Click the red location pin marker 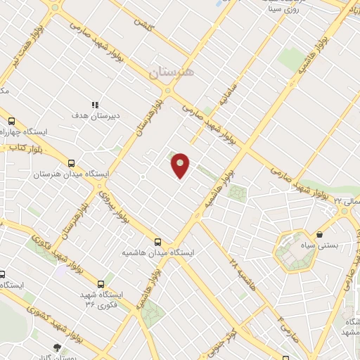tap(181, 166)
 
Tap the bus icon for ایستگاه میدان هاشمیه tap(157, 240)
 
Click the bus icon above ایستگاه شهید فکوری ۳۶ tap(101, 284)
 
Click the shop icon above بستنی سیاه tap(320, 233)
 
